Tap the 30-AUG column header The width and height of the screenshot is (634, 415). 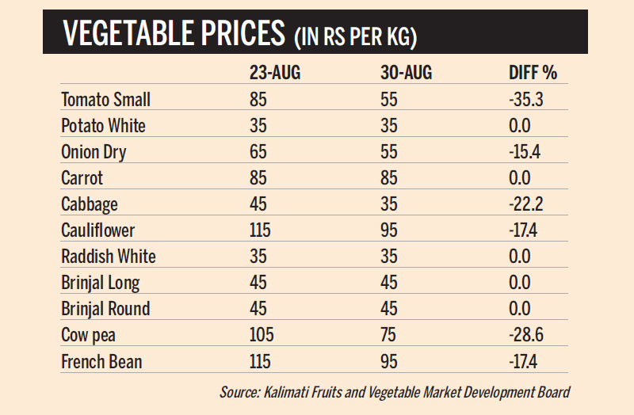point(407,74)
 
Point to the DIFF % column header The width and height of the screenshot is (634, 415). point(533,74)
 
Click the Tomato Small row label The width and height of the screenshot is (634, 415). point(105,100)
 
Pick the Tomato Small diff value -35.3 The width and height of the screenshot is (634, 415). point(525,100)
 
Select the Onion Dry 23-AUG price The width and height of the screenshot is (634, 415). point(258,152)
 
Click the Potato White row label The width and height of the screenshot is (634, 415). point(103,126)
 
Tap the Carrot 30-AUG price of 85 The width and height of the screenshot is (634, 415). point(389,178)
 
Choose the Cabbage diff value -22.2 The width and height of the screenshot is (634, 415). point(525,204)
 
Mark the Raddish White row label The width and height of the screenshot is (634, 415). point(109,257)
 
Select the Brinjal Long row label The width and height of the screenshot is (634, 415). point(101,283)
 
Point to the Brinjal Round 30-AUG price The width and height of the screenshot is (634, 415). point(389,309)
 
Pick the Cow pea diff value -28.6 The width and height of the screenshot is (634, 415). point(525,335)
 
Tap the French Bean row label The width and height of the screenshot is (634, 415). point(101,361)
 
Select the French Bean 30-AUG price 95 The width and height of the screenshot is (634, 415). point(389,361)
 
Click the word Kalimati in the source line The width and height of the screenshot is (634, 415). point(285,391)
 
